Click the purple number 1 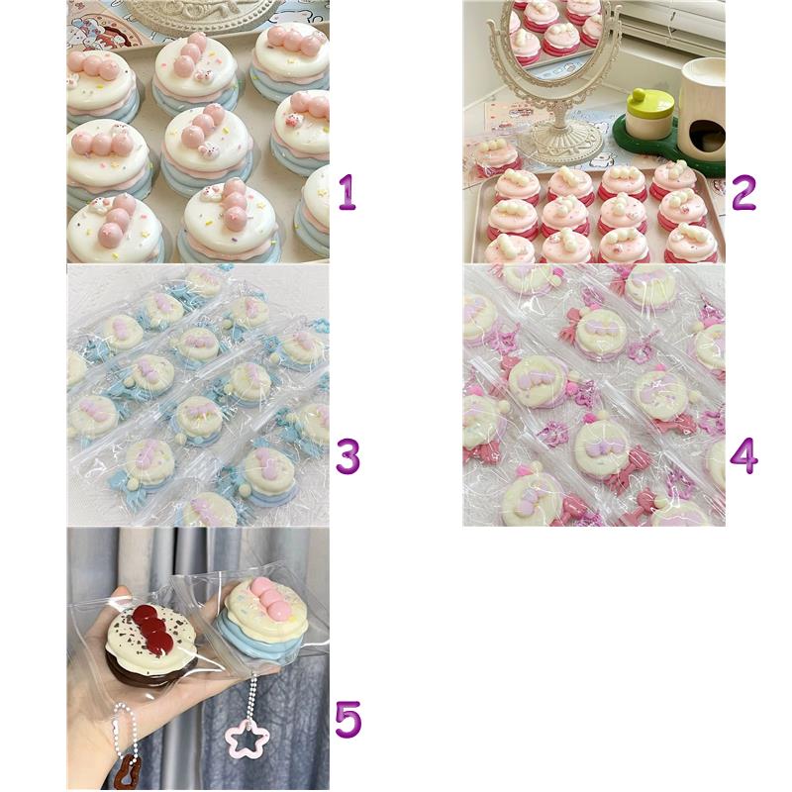347,192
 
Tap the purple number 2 743,192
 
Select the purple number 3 348,456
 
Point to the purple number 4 744,456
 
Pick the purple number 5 348,720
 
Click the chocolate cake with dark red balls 150,643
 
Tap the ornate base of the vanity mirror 560,143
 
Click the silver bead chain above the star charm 251,698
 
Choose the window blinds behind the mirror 671,26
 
